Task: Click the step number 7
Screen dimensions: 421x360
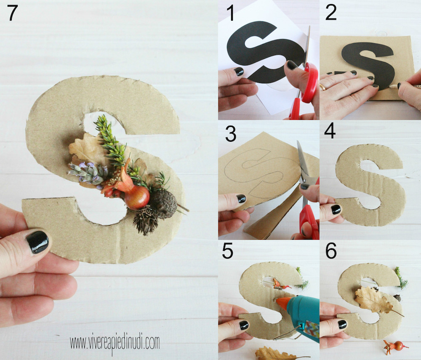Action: pos(12,13)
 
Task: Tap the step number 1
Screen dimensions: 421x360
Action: pos(230,13)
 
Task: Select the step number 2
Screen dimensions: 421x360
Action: pos(331,13)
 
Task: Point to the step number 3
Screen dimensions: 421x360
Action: pos(231,134)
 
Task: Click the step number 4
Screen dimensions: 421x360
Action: pos(330,131)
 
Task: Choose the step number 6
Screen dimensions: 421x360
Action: pos(331,251)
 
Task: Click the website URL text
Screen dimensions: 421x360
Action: pos(115,343)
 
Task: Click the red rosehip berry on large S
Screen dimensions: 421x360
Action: pos(136,197)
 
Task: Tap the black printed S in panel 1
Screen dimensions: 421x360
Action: pos(266,52)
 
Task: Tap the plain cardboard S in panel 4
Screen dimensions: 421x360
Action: pos(370,185)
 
